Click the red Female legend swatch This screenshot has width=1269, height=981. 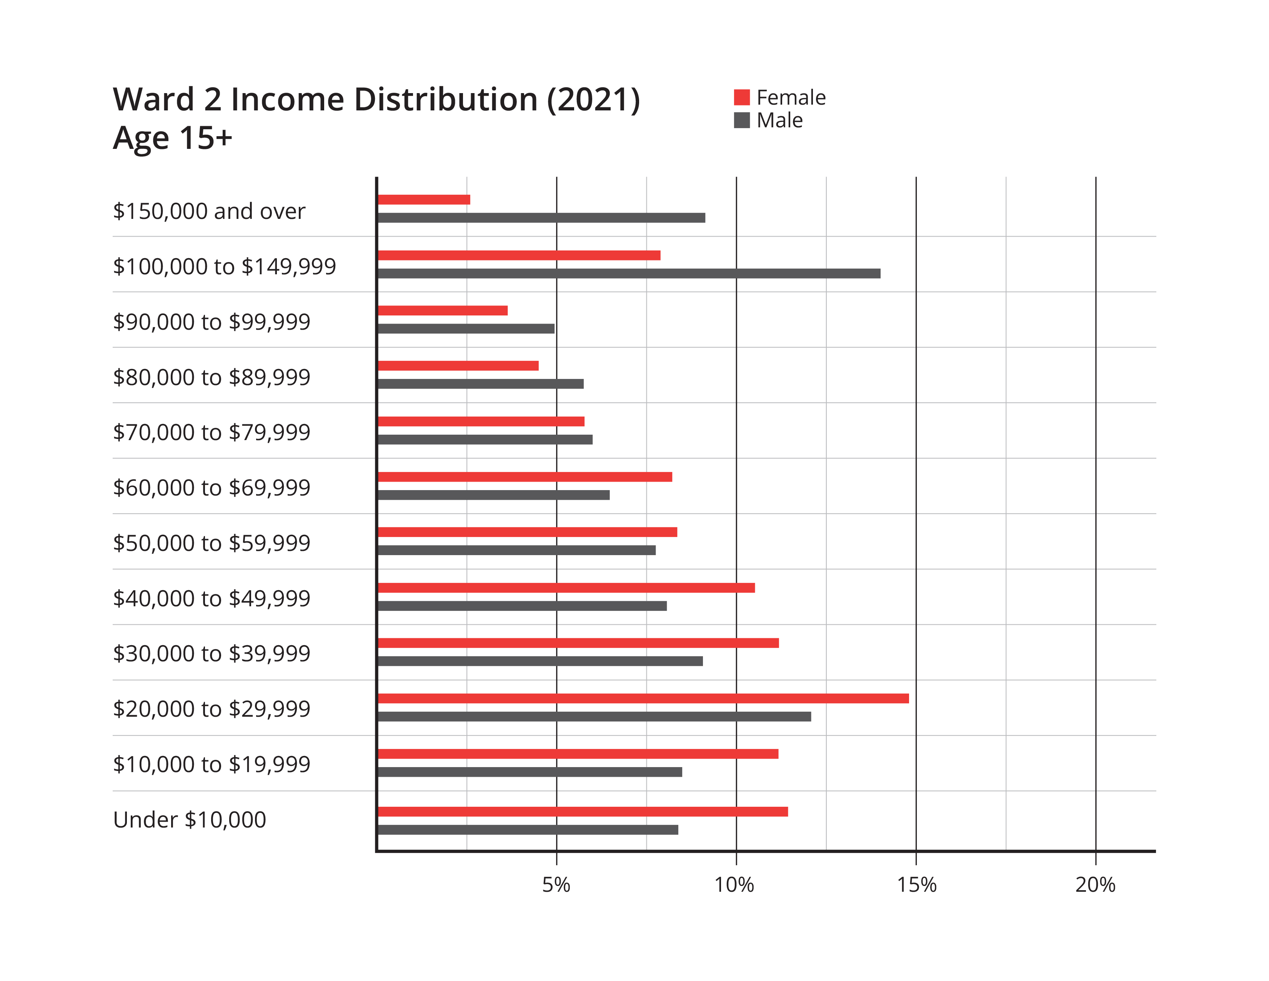coord(741,98)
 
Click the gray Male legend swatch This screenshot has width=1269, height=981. coord(741,120)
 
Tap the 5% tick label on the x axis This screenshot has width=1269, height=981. coord(556,884)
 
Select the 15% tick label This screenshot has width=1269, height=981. coord(916,884)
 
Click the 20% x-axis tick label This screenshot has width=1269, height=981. coord(1095,884)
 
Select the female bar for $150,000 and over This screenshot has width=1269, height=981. coord(424,200)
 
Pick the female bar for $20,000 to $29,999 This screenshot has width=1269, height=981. coord(643,699)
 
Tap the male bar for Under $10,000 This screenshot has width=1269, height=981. coord(528,830)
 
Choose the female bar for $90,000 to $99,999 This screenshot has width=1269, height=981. coord(443,310)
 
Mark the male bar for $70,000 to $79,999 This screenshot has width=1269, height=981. coord(485,439)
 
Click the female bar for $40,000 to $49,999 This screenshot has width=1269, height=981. coord(566,587)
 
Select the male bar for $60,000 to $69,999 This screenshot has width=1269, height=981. coord(494,495)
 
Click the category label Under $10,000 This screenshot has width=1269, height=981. coord(190,819)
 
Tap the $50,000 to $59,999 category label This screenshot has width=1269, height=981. coord(211,543)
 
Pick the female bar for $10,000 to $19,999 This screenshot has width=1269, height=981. coord(578,754)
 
